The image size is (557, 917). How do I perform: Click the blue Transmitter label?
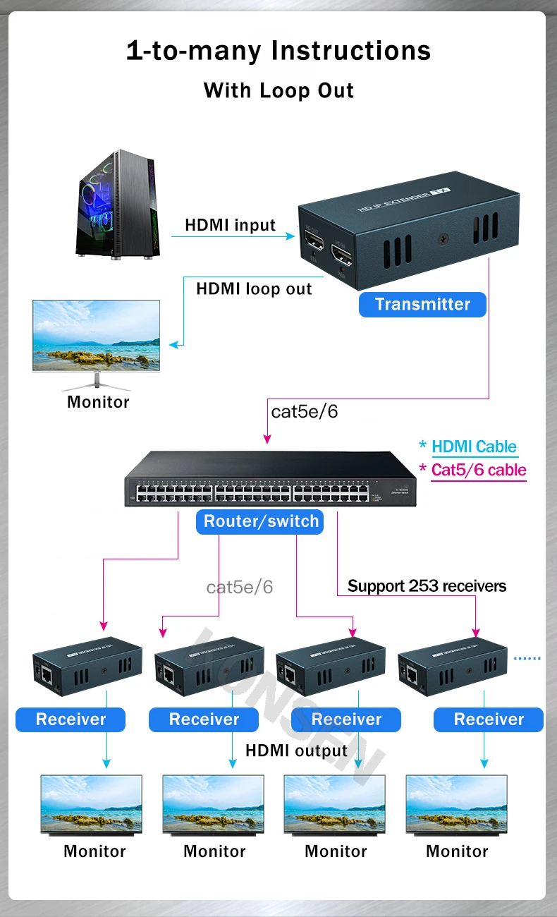[422, 305]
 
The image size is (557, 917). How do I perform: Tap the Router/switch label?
[261, 522]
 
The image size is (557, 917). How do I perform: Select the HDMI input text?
[230, 225]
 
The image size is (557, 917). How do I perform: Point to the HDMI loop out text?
[254, 289]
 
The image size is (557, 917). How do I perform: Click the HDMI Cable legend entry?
[474, 447]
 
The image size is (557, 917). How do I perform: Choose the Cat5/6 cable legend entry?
[479, 470]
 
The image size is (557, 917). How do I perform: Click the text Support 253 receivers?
[427, 586]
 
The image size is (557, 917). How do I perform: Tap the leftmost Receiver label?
[71, 719]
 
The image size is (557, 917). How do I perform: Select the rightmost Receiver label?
[489, 719]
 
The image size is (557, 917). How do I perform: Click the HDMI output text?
[296, 751]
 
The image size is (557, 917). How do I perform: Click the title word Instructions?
[351, 51]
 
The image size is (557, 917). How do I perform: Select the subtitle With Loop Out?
[278, 90]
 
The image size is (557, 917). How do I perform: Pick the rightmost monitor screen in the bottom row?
[456, 805]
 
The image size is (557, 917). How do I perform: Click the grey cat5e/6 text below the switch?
[239, 587]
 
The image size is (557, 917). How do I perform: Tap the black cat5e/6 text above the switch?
[304, 411]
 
